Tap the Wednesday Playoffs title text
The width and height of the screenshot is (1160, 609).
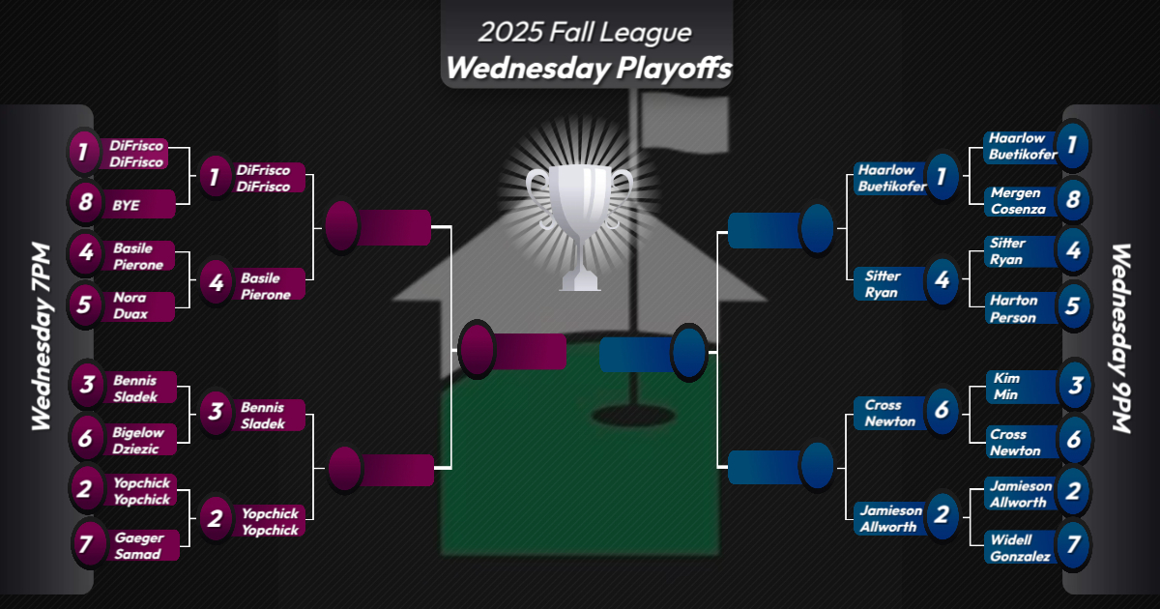coord(587,70)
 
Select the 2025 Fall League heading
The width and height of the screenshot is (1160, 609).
coord(585,32)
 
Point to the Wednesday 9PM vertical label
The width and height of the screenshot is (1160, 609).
coord(1120,338)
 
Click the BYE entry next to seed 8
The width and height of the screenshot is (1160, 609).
coord(140,204)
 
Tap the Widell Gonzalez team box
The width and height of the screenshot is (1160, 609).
coord(1019,547)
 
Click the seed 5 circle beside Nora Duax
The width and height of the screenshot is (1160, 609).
coord(85,305)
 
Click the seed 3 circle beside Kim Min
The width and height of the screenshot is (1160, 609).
coord(1073,384)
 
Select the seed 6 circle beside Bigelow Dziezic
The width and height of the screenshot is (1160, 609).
coord(85,438)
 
